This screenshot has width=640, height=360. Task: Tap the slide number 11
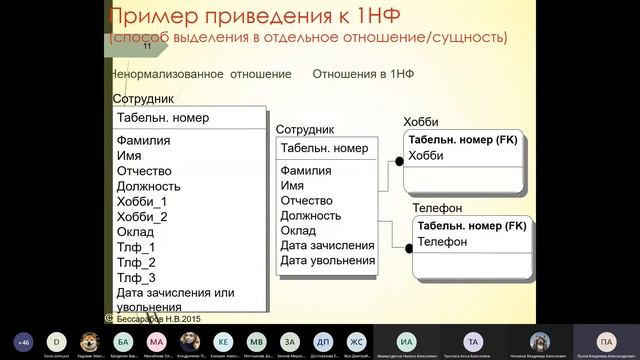pyautogui.click(x=147, y=46)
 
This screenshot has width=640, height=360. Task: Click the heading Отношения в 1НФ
pyautogui.click(x=363, y=74)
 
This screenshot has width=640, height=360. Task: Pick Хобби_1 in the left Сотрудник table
pyautogui.click(x=142, y=201)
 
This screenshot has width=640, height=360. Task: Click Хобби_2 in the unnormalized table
pyautogui.click(x=142, y=216)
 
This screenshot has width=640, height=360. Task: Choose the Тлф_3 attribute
pyautogui.click(x=136, y=277)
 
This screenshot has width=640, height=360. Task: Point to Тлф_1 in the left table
pyautogui.click(x=136, y=247)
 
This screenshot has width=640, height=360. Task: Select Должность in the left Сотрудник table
pyautogui.click(x=148, y=186)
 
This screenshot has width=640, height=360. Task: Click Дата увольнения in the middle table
pyautogui.click(x=327, y=261)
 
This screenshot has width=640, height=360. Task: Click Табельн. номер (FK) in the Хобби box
pyautogui.click(x=461, y=140)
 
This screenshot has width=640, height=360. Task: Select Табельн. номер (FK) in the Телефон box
pyautogui.click(x=472, y=226)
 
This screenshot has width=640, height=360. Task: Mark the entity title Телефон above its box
pyautogui.click(x=437, y=208)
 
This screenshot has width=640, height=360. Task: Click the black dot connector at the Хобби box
pyautogui.click(x=400, y=160)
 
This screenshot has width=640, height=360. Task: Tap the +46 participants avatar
pyautogui.click(x=23, y=340)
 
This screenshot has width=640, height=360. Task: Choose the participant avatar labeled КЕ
pyautogui.click(x=222, y=340)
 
